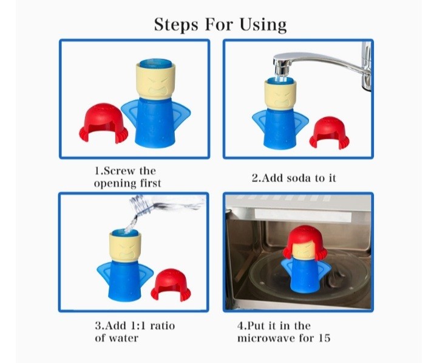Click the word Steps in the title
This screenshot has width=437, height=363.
click(176, 24)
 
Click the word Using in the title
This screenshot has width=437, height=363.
click(263, 25)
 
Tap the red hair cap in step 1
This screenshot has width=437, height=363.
click(103, 123)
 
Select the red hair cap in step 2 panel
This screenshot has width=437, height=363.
click(329, 133)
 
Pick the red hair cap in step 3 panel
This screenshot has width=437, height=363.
click(171, 285)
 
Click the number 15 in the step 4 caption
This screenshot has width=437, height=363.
click(324, 338)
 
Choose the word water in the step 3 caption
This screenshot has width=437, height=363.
click(123, 339)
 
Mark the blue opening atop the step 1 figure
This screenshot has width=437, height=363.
click(156, 63)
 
